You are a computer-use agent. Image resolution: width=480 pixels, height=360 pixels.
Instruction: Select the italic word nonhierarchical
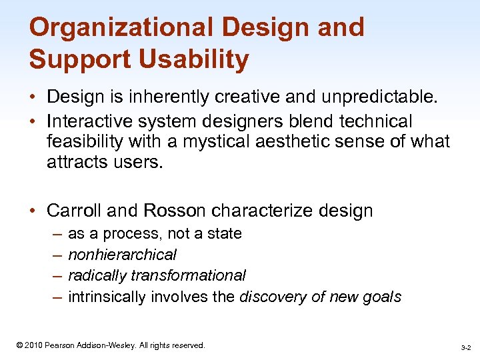(x=122, y=255)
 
